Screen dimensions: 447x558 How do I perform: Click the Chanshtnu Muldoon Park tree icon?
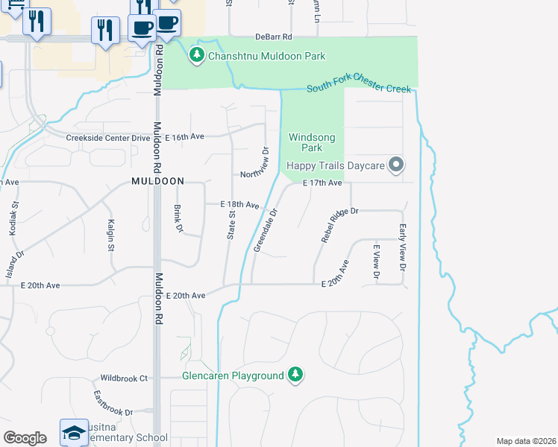tap(197, 55)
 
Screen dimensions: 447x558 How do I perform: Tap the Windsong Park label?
tap(312, 142)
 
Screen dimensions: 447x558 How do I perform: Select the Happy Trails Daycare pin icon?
tap(396, 165)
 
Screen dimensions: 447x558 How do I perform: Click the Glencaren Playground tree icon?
tap(296, 375)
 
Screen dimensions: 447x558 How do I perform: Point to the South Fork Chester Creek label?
tap(359, 88)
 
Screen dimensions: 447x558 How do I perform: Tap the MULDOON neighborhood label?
tap(157, 181)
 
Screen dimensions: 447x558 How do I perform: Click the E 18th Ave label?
tap(239, 204)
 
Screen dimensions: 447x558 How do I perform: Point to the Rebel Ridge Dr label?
tap(340, 224)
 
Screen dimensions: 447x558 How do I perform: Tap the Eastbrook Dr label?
tap(113, 403)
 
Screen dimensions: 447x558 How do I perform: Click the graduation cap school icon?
tap(75, 433)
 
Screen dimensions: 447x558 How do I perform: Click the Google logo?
tap(25, 438)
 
